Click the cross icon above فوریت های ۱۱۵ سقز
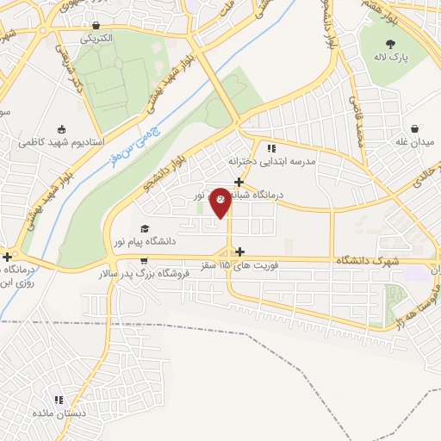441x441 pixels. [238, 252]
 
